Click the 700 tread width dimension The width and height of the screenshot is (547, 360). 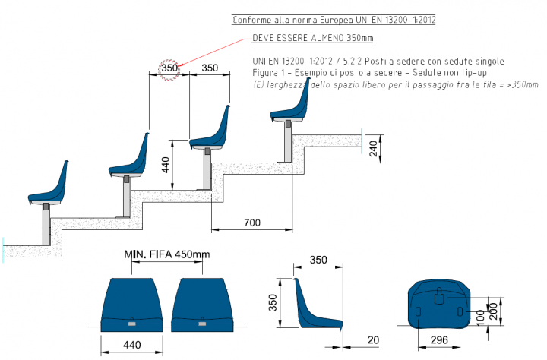(x=252, y=223)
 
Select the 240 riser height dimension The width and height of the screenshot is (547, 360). (x=373, y=148)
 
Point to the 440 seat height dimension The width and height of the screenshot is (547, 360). (x=166, y=165)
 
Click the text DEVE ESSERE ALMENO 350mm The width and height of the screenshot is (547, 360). (x=312, y=38)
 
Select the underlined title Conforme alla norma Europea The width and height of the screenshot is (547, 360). (x=334, y=20)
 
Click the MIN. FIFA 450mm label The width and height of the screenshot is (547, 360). (x=167, y=254)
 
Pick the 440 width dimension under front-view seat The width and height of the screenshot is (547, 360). (x=132, y=345)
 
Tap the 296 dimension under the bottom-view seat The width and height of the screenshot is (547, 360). (x=439, y=339)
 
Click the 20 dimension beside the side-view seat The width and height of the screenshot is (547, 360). (x=373, y=339)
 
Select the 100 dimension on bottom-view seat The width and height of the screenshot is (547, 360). (x=480, y=317)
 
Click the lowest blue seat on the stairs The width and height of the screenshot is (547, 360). (x=48, y=183)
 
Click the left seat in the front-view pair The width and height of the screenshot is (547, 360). (x=132, y=305)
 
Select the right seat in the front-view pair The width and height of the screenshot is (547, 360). (x=202, y=305)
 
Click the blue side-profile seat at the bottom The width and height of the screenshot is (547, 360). (x=318, y=304)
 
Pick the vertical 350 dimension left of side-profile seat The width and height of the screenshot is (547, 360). (x=273, y=302)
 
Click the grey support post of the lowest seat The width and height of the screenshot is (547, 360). (x=46, y=223)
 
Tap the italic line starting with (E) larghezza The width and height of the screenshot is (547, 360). (x=395, y=84)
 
